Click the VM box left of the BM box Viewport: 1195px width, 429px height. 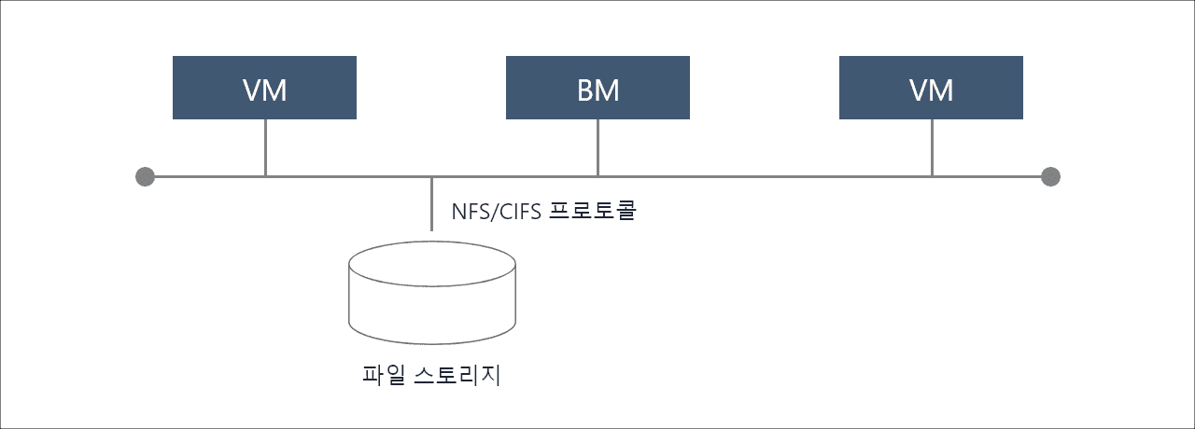pyautogui.click(x=264, y=88)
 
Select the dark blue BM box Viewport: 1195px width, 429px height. pyautogui.click(x=597, y=88)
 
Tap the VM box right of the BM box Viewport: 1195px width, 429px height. pyautogui.click(x=931, y=88)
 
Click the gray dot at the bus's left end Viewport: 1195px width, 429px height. pyautogui.click(x=145, y=176)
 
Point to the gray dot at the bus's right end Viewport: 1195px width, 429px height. pyautogui.click(x=1050, y=176)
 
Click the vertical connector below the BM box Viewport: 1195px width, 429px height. pyautogui.click(x=597, y=147)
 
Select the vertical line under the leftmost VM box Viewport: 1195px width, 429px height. pyautogui.click(x=265, y=147)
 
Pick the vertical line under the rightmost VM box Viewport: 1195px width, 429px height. pyautogui.click(x=932, y=147)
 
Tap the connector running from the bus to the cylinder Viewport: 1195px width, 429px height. pyautogui.click(x=431, y=204)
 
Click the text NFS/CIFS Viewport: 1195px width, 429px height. pyautogui.click(x=496, y=212)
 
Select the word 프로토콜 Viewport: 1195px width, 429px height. pyautogui.click(x=593, y=211)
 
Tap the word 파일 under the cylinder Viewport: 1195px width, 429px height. pyautogui.click(x=384, y=375)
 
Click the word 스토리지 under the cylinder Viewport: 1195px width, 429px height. pyautogui.click(x=457, y=375)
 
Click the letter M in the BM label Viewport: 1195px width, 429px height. pyautogui.click(x=608, y=90)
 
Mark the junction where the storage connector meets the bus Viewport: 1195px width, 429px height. pyautogui.click(x=431, y=176)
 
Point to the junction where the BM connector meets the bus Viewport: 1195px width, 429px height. pyautogui.click(x=597, y=176)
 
